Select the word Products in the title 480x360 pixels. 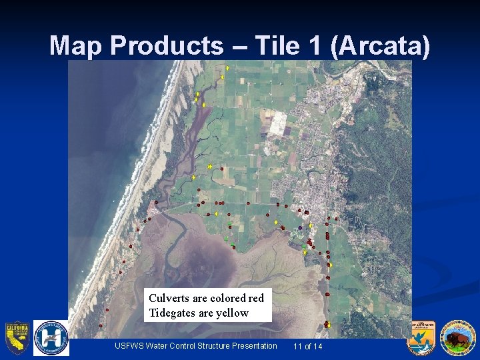tap(167, 46)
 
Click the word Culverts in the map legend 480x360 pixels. tap(169, 298)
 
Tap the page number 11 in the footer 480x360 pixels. tap(298, 346)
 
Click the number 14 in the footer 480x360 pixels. tap(317, 346)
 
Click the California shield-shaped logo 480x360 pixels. tap(17, 338)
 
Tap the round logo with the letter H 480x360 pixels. tap(51, 338)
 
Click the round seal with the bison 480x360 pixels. tap(457, 338)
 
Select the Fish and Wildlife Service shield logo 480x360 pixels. tap(421, 338)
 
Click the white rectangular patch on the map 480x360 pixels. tap(276, 122)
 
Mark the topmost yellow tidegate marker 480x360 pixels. tap(227, 68)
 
